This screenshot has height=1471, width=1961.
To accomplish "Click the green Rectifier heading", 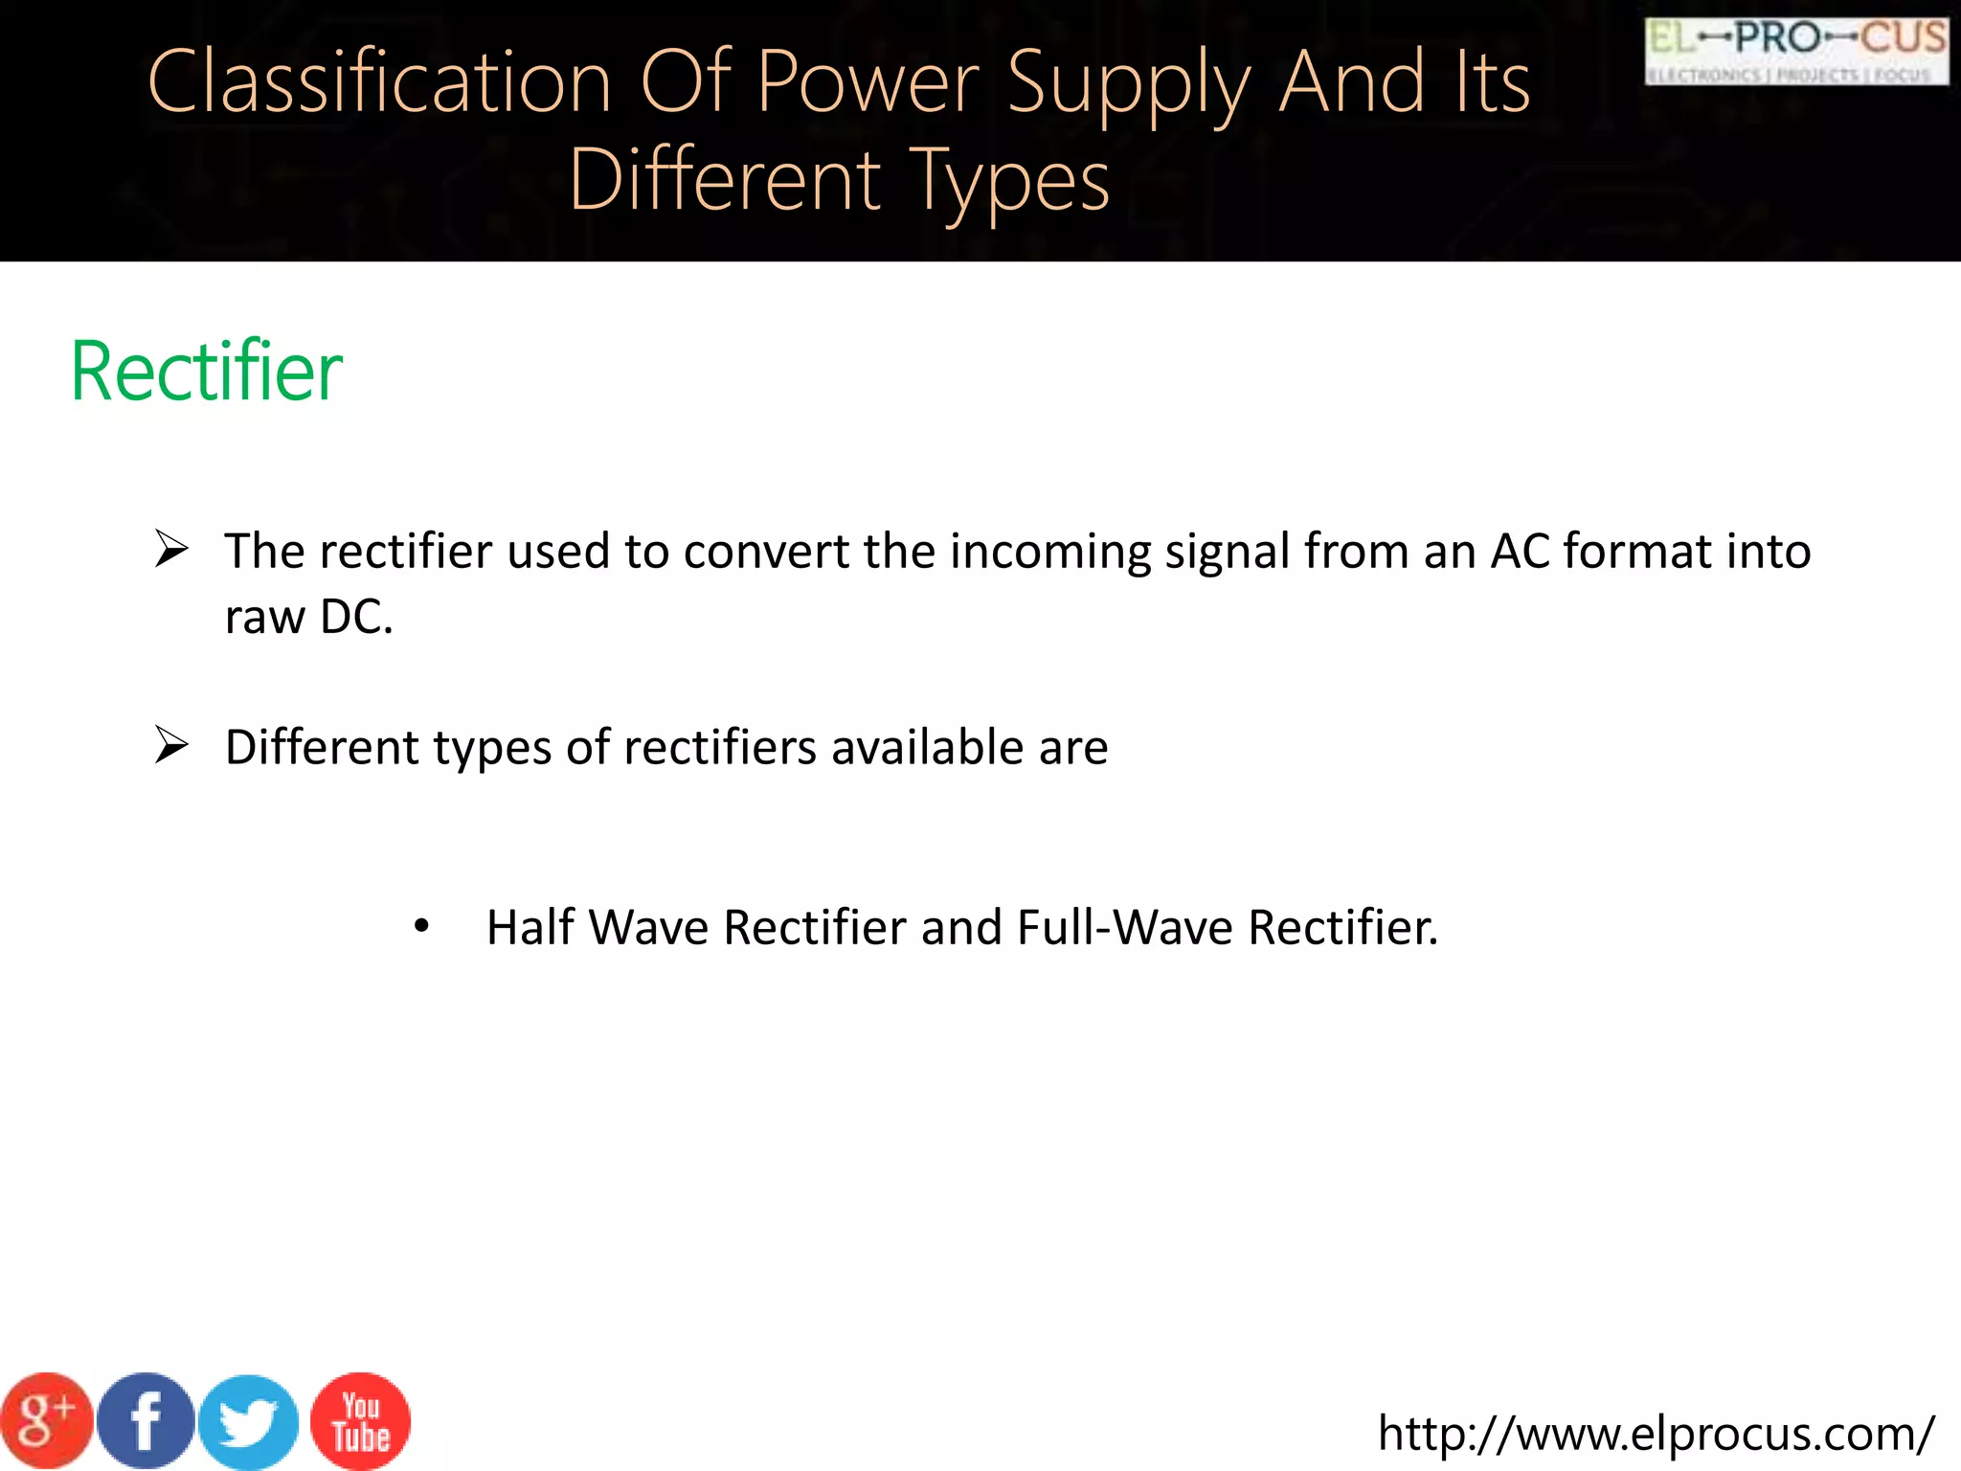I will pos(207,372).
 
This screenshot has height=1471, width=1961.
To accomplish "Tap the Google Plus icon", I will pos(45,1420).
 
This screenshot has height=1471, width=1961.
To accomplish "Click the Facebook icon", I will pos(146,1421).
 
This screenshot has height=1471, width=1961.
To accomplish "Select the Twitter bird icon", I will pos(249,1422).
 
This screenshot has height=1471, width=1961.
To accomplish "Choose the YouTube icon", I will pos(360,1421).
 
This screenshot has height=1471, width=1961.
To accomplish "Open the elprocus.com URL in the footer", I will pos(1656,1434).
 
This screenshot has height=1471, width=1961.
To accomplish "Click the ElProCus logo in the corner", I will pos(1796,52).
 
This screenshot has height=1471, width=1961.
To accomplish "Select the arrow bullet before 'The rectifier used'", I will pos(172,550).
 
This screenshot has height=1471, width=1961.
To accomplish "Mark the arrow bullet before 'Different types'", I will pos(172,745).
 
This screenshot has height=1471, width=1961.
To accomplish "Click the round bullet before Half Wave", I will pos(421,926).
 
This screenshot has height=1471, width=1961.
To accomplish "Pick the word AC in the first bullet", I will pos(1520,552).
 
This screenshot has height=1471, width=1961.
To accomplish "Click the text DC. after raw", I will pos(356,617).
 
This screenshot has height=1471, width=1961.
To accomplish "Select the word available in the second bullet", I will pos(927,747).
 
